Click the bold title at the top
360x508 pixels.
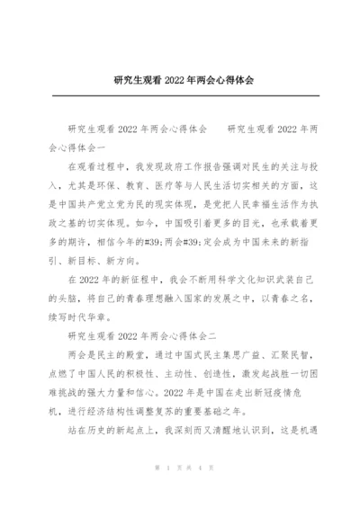(x=180, y=80)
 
